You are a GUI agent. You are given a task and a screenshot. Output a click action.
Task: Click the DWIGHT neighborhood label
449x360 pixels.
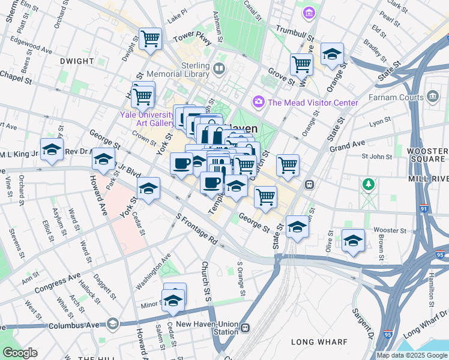point(77,61)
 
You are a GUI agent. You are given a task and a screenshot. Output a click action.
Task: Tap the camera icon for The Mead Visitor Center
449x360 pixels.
point(259,102)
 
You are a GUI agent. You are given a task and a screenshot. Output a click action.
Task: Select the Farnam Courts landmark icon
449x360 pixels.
point(432,97)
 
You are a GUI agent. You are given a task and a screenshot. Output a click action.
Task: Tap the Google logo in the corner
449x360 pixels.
point(20,352)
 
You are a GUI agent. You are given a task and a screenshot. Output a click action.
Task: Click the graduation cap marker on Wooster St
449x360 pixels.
point(353,241)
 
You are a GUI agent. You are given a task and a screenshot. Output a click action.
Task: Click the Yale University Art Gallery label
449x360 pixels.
point(155,118)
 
